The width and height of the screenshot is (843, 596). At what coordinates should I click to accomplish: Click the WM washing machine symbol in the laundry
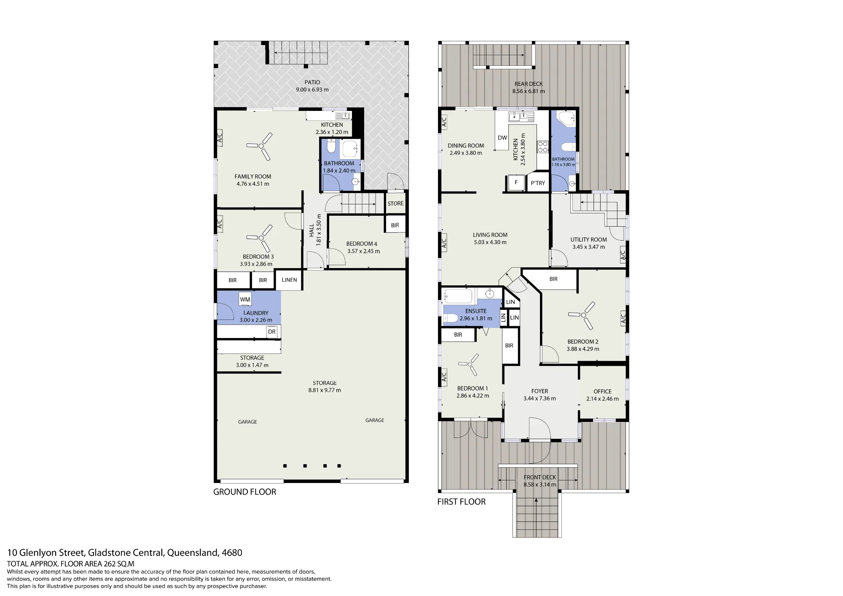[245, 299]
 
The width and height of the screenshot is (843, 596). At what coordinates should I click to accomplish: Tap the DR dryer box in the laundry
[272, 332]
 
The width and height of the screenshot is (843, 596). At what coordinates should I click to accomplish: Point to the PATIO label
[312, 82]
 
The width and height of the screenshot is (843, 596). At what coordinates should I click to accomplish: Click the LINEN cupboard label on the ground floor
[289, 280]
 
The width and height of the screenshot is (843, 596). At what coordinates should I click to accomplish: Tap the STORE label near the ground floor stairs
[395, 203]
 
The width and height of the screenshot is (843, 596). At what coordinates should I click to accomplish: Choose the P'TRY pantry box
[538, 183]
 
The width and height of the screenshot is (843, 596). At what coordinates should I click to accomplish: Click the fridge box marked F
[516, 183]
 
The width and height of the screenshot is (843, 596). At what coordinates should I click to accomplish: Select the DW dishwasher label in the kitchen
[502, 138]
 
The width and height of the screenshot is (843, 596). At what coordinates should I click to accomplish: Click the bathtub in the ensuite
[459, 296]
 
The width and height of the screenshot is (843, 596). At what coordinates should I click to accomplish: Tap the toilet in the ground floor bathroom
[331, 147]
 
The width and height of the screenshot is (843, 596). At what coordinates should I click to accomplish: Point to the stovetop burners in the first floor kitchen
[542, 146]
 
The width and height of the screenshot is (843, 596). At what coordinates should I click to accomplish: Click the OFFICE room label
[602, 392]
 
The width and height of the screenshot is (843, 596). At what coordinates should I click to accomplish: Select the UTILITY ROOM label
[588, 239]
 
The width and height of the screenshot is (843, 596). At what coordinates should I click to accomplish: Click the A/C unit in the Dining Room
[444, 122]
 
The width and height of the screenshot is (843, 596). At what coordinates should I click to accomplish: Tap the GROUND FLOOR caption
[244, 492]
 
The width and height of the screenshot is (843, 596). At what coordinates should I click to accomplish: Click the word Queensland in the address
[192, 553]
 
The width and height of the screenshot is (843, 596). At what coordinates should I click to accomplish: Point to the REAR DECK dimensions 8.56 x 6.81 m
[529, 91]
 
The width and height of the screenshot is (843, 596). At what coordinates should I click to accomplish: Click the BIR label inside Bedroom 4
[395, 225]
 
